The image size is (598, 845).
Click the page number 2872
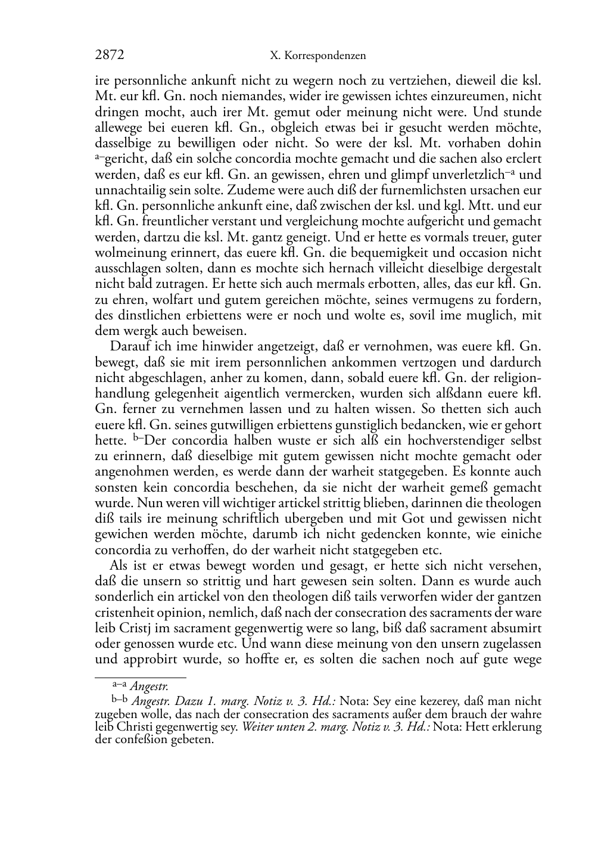click(110, 55)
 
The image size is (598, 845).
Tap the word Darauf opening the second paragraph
click(127, 346)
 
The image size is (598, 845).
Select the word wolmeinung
click(125, 252)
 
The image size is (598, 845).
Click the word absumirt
click(516, 628)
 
